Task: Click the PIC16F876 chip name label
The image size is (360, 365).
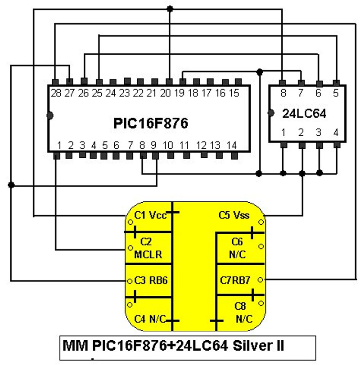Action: click(150, 123)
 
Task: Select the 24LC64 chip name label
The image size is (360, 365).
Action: click(305, 114)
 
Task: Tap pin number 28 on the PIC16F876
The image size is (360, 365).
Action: click(56, 93)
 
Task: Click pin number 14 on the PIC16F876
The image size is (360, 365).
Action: click(231, 145)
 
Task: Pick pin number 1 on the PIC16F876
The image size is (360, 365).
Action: click(58, 145)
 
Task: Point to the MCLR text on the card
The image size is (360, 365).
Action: click(148, 255)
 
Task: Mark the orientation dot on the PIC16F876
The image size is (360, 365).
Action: click(49, 116)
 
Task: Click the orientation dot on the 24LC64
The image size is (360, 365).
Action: click(270, 113)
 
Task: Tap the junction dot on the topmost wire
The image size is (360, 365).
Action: click(170, 9)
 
